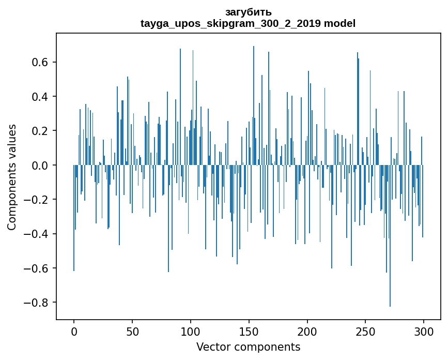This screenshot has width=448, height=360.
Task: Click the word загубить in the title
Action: [248, 12]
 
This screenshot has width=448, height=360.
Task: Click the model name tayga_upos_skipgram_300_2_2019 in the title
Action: [230, 23]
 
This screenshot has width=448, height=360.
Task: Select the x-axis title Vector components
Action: [248, 347]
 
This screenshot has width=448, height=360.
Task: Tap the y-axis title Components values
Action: [12, 177]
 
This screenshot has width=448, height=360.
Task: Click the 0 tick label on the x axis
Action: [74, 331]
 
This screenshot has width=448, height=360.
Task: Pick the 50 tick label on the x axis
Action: [132, 331]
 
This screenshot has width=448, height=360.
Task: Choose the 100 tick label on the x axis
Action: [191, 331]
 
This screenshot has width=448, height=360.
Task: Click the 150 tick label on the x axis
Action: [249, 331]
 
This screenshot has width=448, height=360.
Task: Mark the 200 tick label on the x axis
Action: [307, 331]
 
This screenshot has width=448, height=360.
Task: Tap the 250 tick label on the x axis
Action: [365, 331]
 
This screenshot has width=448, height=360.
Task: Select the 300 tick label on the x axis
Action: [424, 331]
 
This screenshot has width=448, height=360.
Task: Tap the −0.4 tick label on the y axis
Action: [37, 234]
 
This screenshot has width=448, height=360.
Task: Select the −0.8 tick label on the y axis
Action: [37, 303]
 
